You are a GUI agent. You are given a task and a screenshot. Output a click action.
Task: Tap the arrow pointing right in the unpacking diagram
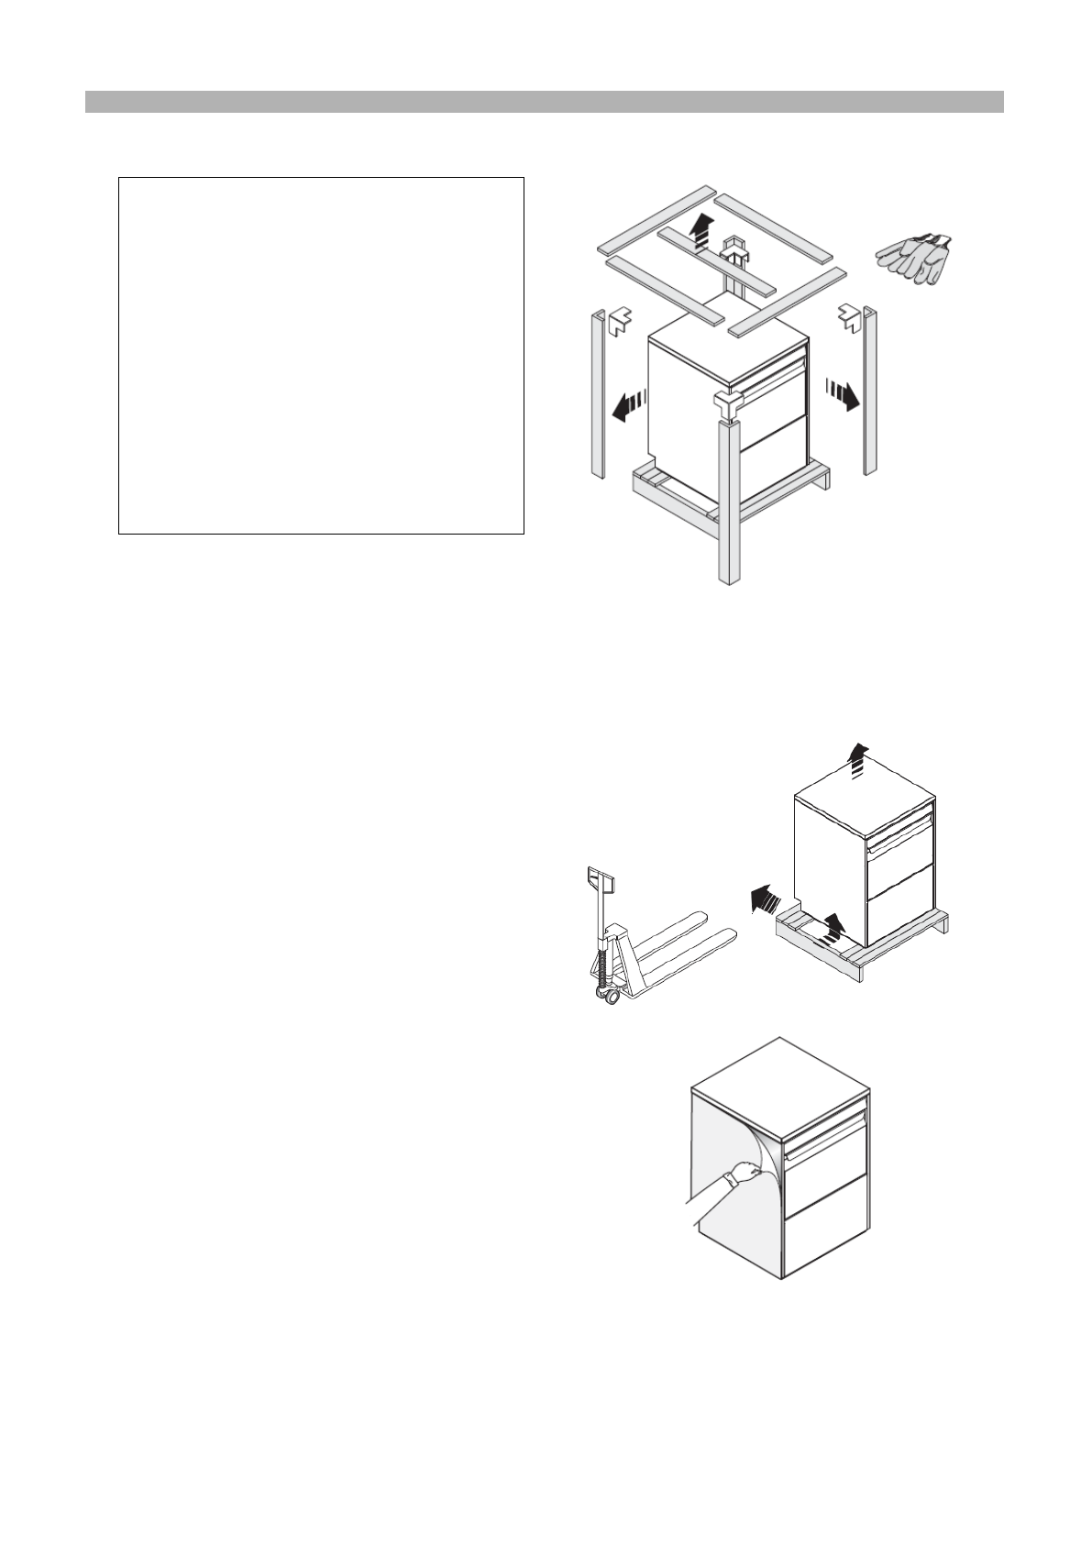[842, 394]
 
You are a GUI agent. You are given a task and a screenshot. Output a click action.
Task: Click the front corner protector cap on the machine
[728, 403]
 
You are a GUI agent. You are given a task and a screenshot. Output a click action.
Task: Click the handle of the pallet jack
[600, 881]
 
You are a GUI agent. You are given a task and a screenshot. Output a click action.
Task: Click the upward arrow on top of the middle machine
[856, 760]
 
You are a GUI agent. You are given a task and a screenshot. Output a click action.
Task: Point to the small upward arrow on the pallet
[833, 927]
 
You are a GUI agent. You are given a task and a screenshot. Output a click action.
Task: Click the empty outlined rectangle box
[321, 356]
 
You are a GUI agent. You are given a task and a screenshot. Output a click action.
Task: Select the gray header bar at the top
[545, 101]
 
